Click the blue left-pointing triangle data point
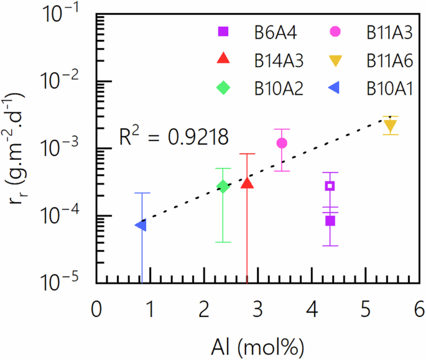(x=141, y=225)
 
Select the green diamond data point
(x=223, y=187)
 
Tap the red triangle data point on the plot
(x=247, y=182)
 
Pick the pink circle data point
(x=282, y=143)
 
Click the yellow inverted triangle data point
(x=390, y=127)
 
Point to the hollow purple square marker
(x=330, y=186)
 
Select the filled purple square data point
(x=330, y=221)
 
